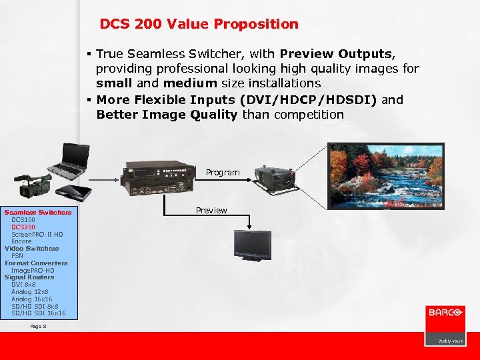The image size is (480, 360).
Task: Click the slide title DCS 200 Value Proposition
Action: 199,25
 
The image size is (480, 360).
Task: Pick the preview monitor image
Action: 252,245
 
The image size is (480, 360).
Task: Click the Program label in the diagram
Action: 222,173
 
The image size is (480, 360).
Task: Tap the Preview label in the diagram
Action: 211,211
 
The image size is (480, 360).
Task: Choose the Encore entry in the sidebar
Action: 21,241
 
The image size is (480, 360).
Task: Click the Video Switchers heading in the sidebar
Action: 31,249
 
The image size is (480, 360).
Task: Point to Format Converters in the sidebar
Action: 36,263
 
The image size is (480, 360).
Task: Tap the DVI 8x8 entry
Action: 23,285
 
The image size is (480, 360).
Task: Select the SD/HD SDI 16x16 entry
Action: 39,313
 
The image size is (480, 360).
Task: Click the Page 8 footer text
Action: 38,327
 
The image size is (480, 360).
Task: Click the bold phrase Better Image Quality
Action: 167,114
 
